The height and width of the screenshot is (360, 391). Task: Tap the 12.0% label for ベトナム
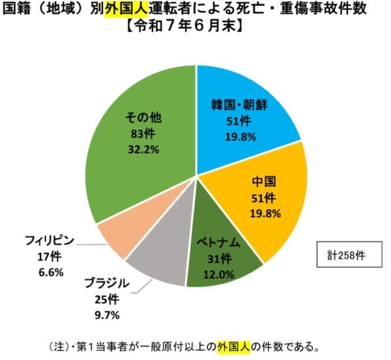[x=219, y=273]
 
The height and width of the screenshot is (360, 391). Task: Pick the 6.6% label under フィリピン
[x=51, y=271]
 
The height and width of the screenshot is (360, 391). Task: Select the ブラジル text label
[x=106, y=284]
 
